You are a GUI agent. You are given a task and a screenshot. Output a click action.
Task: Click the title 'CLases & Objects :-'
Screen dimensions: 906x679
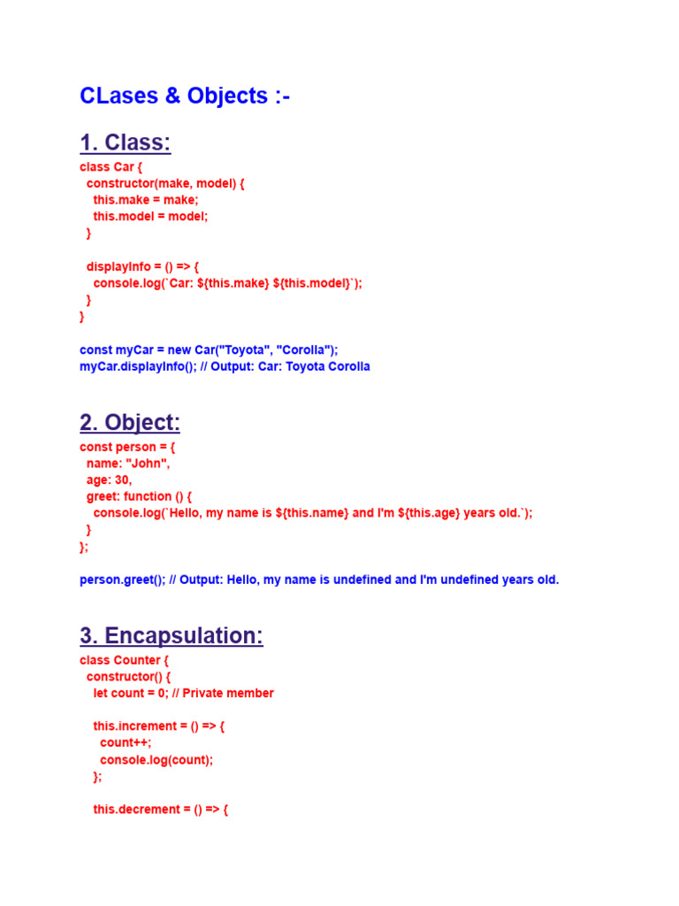(185, 96)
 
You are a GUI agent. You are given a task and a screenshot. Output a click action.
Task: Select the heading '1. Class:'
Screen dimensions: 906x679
(125, 142)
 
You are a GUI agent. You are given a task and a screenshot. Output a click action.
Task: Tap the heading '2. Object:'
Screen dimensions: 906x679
(129, 423)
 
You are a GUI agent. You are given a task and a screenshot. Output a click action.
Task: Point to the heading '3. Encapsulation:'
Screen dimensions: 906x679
(171, 636)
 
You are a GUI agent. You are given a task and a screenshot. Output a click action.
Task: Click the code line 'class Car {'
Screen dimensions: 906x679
(111, 166)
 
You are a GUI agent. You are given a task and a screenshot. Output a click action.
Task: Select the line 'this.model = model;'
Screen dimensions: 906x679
(150, 216)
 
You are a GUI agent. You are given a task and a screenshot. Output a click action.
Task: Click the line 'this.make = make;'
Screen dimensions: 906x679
(146, 200)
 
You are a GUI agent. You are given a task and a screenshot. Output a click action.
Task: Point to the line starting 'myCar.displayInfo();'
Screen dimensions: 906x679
(225, 366)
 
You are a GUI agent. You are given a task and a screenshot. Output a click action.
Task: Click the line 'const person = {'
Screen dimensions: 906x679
(127, 447)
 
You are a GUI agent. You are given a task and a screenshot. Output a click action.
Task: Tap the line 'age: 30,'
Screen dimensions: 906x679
(109, 480)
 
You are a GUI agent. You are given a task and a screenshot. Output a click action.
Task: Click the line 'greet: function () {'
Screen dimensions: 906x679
(139, 496)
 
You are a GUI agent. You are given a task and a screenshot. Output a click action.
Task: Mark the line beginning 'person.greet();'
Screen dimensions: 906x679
(319, 580)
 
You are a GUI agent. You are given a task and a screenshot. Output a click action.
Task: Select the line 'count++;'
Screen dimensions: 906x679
(126, 742)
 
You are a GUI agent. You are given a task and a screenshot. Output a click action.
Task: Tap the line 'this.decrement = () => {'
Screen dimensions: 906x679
(161, 810)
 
